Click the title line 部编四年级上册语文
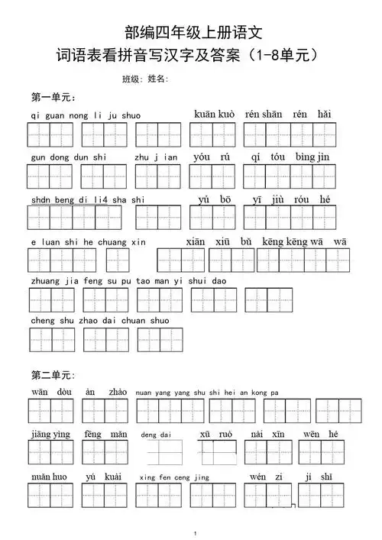click(x=192, y=32)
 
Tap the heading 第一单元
click(x=52, y=98)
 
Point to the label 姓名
click(x=157, y=79)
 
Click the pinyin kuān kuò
click(x=215, y=115)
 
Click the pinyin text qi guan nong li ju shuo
click(x=86, y=116)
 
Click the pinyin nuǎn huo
click(x=50, y=477)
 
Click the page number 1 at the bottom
click(x=196, y=532)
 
